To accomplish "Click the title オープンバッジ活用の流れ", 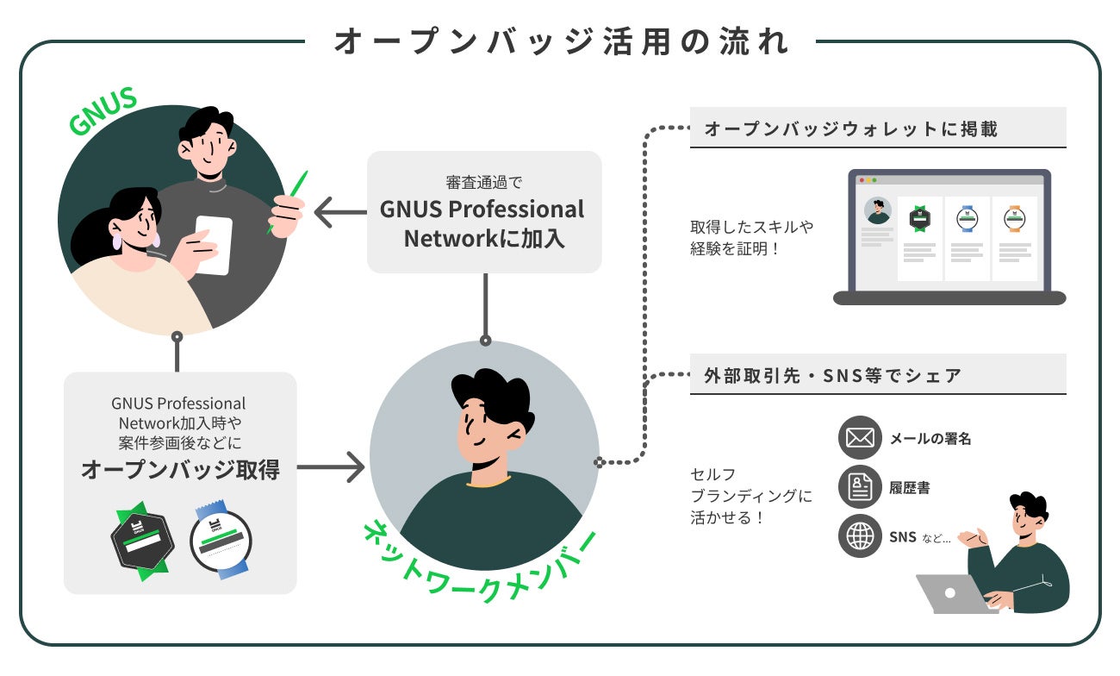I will coord(561,41).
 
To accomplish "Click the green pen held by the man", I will coord(288,201).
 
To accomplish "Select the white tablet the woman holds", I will coord(214,245).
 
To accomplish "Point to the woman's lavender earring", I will coord(117,242).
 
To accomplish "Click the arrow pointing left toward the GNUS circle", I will coord(335,211).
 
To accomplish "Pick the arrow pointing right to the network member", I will coord(331,468).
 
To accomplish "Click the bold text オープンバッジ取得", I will coord(180,469).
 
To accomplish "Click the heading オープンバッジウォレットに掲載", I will coord(851,129).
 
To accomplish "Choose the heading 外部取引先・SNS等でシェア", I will coord(832,376).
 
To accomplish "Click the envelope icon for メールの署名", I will coord(860,438).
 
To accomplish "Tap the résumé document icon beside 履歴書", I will coord(860,488).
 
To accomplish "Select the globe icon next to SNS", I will coord(860,537).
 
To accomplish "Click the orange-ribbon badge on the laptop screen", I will coord(1014,219).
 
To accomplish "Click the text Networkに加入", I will coord(484,238).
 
